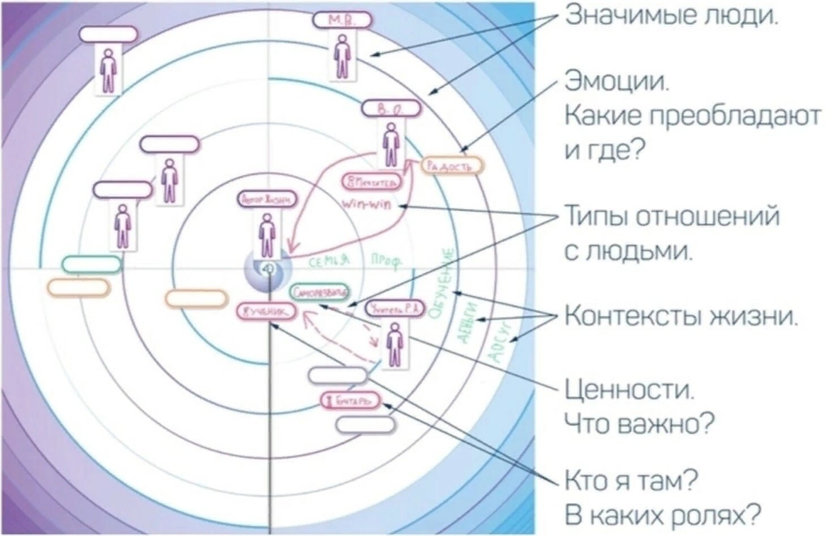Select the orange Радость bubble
point(452,166)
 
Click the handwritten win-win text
point(367,204)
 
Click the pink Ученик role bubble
point(267,311)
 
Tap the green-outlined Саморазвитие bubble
point(319,293)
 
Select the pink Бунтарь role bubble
point(351,401)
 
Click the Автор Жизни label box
point(267,199)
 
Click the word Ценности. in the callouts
point(629,390)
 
